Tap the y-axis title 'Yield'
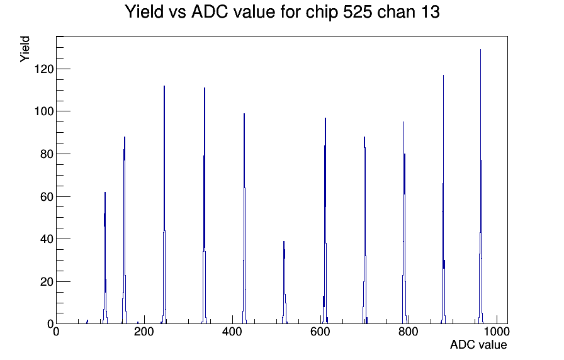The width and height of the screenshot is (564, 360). [25, 49]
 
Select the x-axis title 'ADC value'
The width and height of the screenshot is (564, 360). [478, 344]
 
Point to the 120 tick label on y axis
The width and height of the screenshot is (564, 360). [44, 69]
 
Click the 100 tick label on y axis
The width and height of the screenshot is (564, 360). [44, 111]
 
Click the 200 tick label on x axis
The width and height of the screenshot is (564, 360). [144, 331]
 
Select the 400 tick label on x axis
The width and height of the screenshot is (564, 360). [232, 331]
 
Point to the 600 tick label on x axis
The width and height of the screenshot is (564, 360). [320, 331]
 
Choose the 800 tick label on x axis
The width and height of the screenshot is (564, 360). [409, 331]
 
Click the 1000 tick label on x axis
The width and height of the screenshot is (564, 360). [497, 331]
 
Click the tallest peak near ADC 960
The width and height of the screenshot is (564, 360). [480, 187]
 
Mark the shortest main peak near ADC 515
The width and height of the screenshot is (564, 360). [284, 283]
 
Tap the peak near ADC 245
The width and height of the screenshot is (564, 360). [164, 205]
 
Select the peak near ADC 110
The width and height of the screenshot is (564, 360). [105, 258]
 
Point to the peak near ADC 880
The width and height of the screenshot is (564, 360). [443, 200]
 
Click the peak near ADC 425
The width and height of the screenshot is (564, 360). [244, 218]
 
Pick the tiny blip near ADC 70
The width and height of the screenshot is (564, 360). [87, 322]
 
